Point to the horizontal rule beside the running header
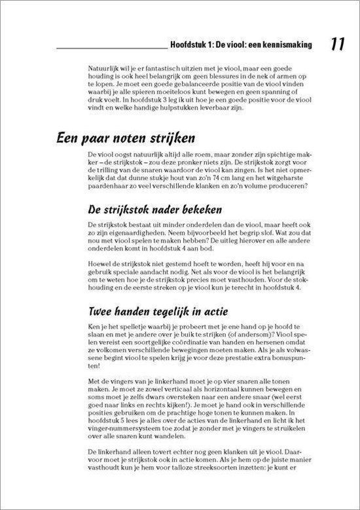click(x=112, y=49)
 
